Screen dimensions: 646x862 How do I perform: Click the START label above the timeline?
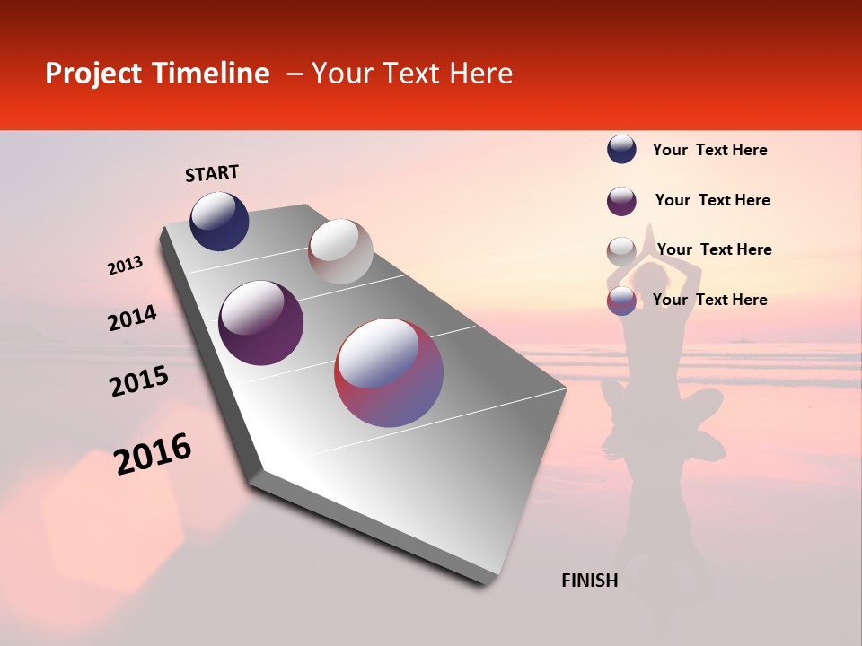pyautogui.click(x=212, y=173)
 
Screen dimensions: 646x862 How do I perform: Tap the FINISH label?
pyautogui.click(x=589, y=581)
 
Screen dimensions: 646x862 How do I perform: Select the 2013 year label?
pyautogui.click(x=126, y=266)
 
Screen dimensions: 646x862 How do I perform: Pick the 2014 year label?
pyautogui.click(x=132, y=319)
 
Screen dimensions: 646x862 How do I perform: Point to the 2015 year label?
pyautogui.click(x=139, y=381)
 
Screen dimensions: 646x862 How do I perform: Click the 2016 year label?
pyautogui.click(x=153, y=454)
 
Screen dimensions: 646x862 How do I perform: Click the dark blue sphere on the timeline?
pyautogui.click(x=219, y=222)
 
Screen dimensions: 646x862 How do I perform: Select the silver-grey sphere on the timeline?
pyautogui.click(x=340, y=251)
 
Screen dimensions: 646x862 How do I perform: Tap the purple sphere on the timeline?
pyautogui.click(x=260, y=323)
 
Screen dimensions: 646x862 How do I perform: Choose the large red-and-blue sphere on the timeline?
pyautogui.click(x=389, y=372)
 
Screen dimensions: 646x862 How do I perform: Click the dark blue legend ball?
pyautogui.click(x=621, y=150)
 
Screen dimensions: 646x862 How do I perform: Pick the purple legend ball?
pyautogui.click(x=621, y=201)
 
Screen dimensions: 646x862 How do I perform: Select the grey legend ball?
pyautogui.click(x=621, y=251)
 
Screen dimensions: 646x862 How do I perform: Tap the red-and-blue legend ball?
pyautogui.click(x=621, y=301)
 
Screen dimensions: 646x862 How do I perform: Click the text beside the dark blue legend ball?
pyautogui.click(x=709, y=151)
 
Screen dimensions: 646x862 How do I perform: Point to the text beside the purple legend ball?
pyautogui.click(x=712, y=200)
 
